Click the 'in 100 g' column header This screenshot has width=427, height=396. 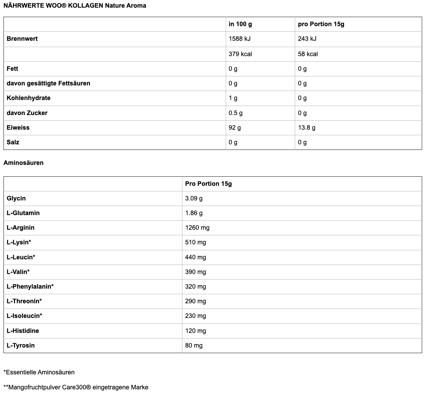[240, 24]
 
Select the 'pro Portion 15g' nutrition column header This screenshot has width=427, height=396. [321, 24]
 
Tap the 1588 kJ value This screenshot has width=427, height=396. [239, 39]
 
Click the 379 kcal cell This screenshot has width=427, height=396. [240, 54]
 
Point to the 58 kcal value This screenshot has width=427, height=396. [308, 54]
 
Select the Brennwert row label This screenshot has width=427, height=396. [22, 39]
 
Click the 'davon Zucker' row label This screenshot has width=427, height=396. [27, 113]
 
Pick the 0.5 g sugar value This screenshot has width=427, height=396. [235, 113]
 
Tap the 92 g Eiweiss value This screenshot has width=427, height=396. [234, 128]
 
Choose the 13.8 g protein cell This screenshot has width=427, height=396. [306, 128]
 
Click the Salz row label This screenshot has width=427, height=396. [13, 142]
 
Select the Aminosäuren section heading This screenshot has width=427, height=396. [23, 163]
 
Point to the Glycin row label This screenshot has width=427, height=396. [16, 198]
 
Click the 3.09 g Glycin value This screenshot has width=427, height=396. [194, 198]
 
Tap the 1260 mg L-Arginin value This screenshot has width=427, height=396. [197, 228]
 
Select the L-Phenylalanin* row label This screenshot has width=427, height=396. [30, 287]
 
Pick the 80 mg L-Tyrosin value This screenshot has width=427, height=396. [194, 345]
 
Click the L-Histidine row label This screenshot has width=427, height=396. [23, 331]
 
